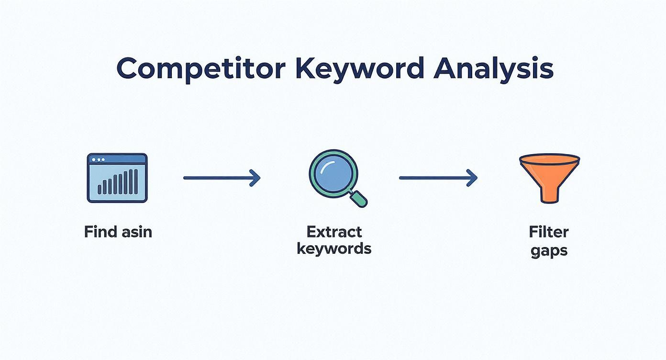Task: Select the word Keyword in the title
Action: click(359, 68)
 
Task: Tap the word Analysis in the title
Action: click(493, 68)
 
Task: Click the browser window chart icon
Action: click(117, 178)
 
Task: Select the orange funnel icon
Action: click(549, 177)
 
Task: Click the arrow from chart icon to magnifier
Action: click(222, 178)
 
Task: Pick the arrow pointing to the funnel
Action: click(438, 178)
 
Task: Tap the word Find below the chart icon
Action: click(100, 232)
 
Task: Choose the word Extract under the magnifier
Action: click(334, 232)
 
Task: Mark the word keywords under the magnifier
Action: click(334, 249)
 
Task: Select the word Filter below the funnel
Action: click(549, 232)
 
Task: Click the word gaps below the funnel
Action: click(549, 250)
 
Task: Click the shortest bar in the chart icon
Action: click(100, 189)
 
